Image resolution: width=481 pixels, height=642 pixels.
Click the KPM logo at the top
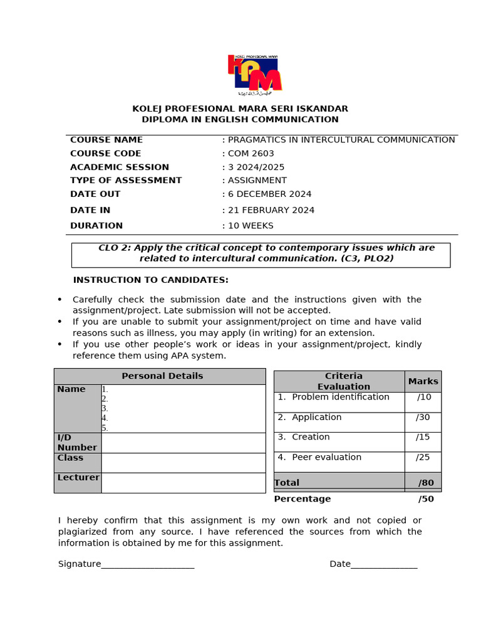254,74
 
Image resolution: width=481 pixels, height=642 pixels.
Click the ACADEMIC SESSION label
120,167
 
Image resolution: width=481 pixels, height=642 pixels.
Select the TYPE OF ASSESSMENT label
126,181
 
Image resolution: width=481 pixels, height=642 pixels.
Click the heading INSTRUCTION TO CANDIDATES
151,280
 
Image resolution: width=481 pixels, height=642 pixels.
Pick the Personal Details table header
162,376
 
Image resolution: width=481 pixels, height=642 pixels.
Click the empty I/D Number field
183,443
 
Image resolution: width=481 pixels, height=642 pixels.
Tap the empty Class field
183,463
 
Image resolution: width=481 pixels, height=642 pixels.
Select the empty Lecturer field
183,483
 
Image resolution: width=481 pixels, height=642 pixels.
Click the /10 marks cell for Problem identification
423,397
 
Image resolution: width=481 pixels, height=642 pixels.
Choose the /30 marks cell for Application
423,418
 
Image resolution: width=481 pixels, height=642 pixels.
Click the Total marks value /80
426,483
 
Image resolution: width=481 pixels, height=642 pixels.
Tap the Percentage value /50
426,499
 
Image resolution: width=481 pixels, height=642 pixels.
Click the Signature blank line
148,565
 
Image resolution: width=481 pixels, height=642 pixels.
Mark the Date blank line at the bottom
384,565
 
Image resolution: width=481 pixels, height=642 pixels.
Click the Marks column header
423,381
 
